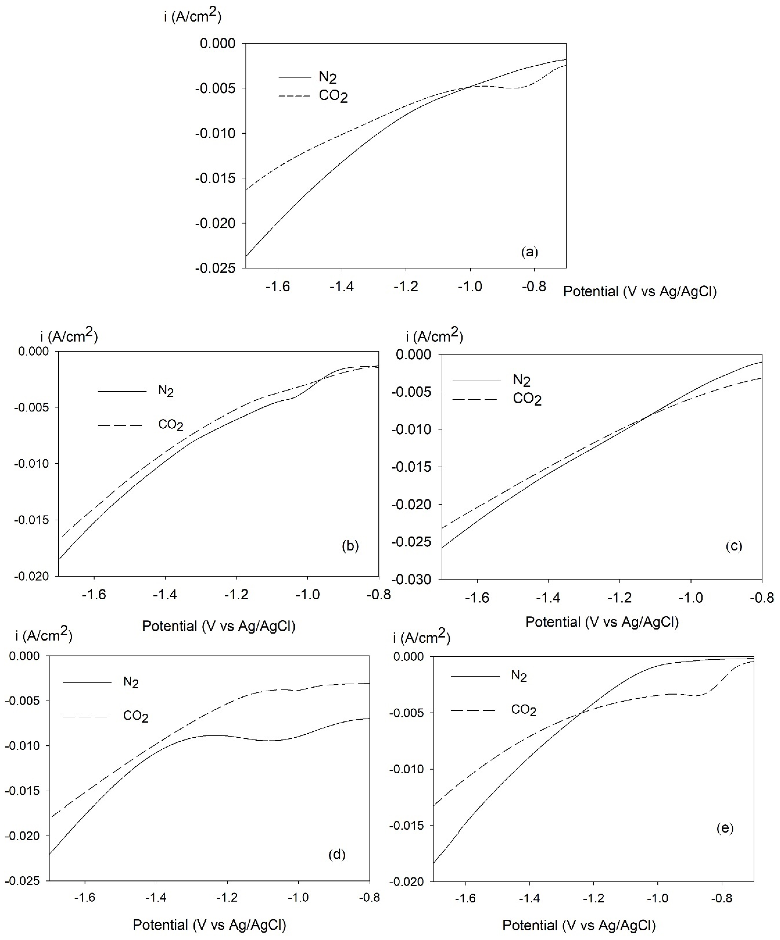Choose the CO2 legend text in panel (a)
coord(333,96)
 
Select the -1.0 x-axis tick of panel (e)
coord(657,898)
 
